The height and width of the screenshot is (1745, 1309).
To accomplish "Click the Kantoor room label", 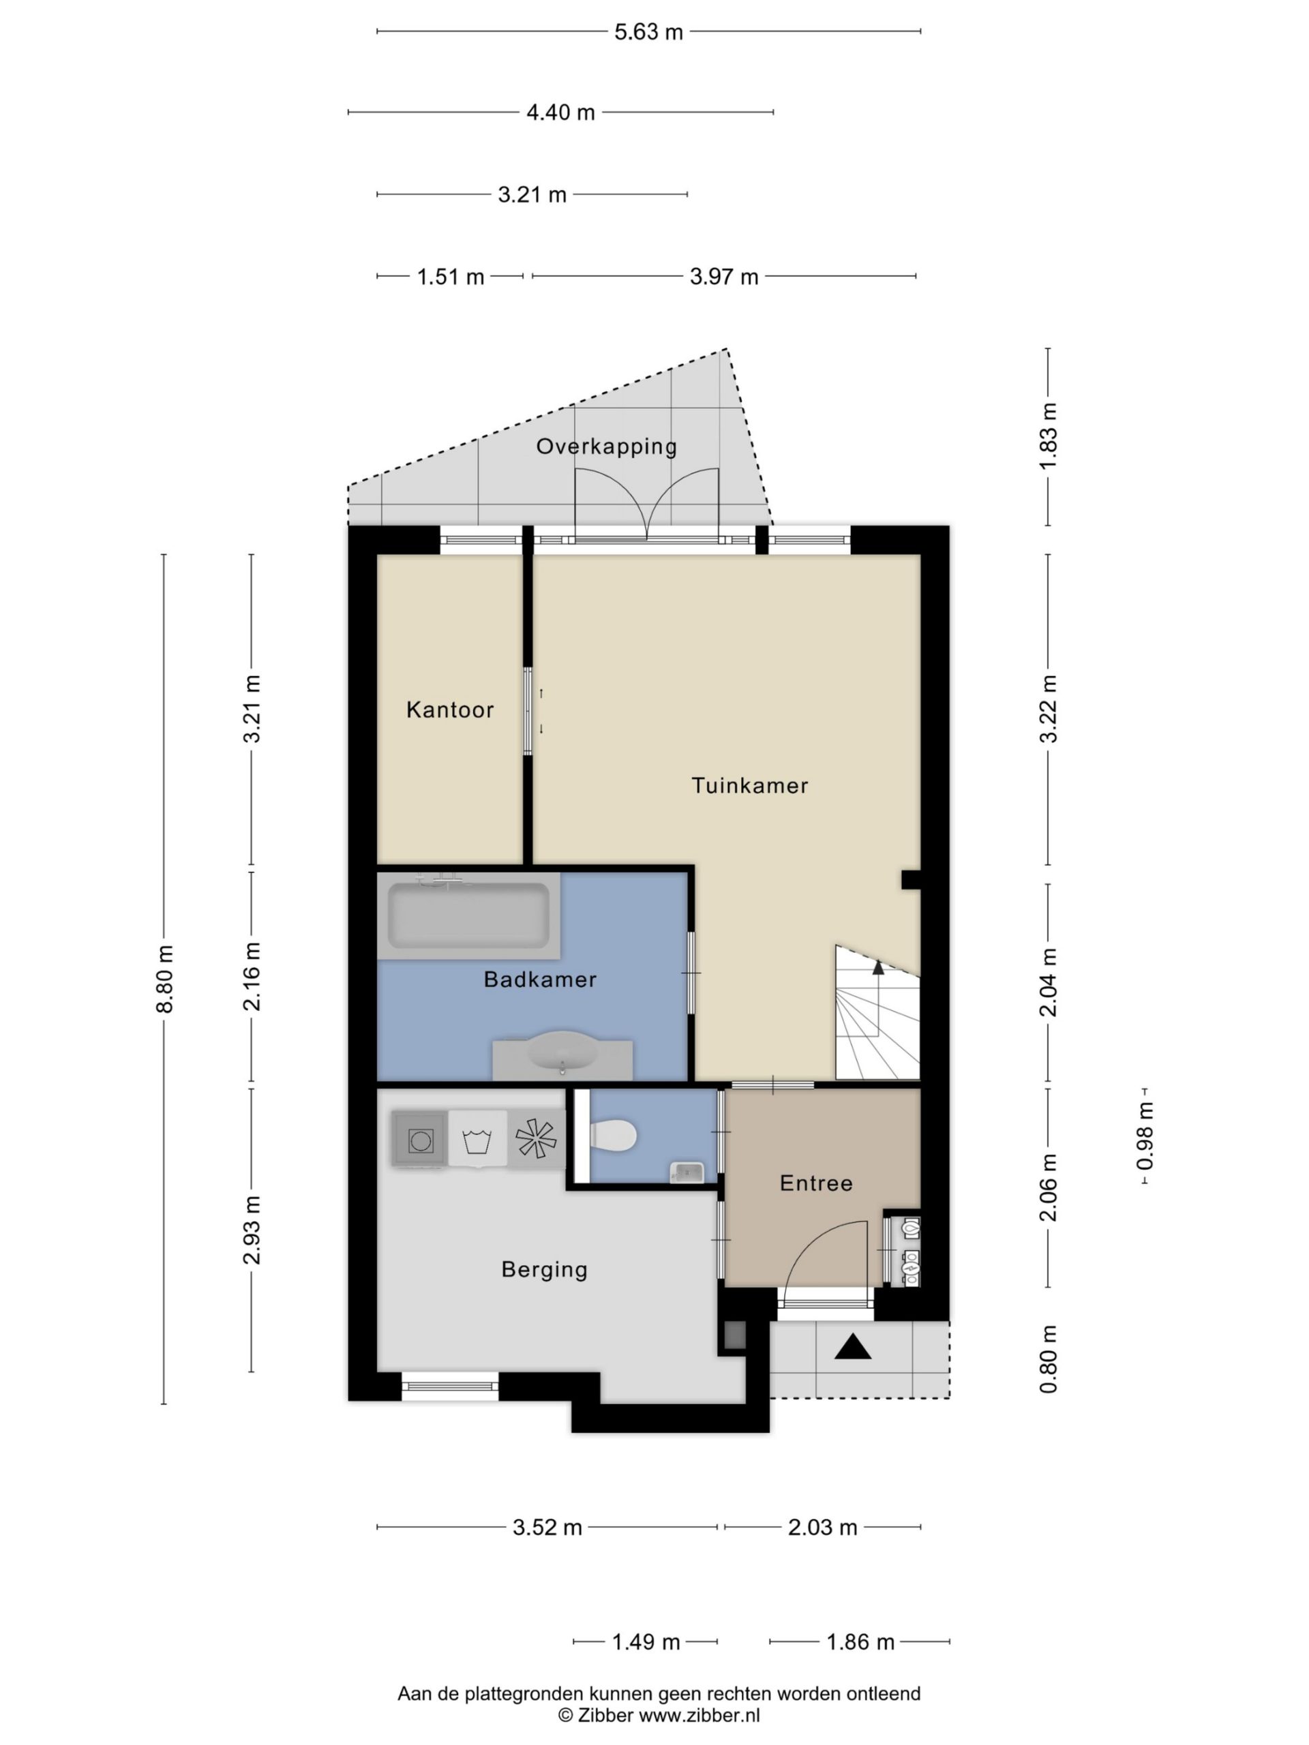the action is tap(450, 710).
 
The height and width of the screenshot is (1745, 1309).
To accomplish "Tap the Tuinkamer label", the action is tap(749, 786).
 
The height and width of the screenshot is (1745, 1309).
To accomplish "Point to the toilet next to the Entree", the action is tap(613, 1136).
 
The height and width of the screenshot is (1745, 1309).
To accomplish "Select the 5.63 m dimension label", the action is tap(648, 32).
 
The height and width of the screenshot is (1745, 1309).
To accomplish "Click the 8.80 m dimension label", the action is tap(164, 978).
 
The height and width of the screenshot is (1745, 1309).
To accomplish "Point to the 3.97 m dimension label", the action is tap(723, 277).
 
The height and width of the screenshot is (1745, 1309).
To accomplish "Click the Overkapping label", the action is tap(606, 446).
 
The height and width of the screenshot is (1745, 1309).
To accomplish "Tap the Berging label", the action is tap(545, 1269).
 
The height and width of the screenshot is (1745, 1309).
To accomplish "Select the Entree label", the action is tap(816, 1183).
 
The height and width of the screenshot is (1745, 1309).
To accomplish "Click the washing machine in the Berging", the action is tap(420, 1139).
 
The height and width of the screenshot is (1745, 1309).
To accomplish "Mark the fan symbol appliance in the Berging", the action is tap(536, 1138).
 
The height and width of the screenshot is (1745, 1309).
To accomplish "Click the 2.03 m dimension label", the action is tap(822, 1528).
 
